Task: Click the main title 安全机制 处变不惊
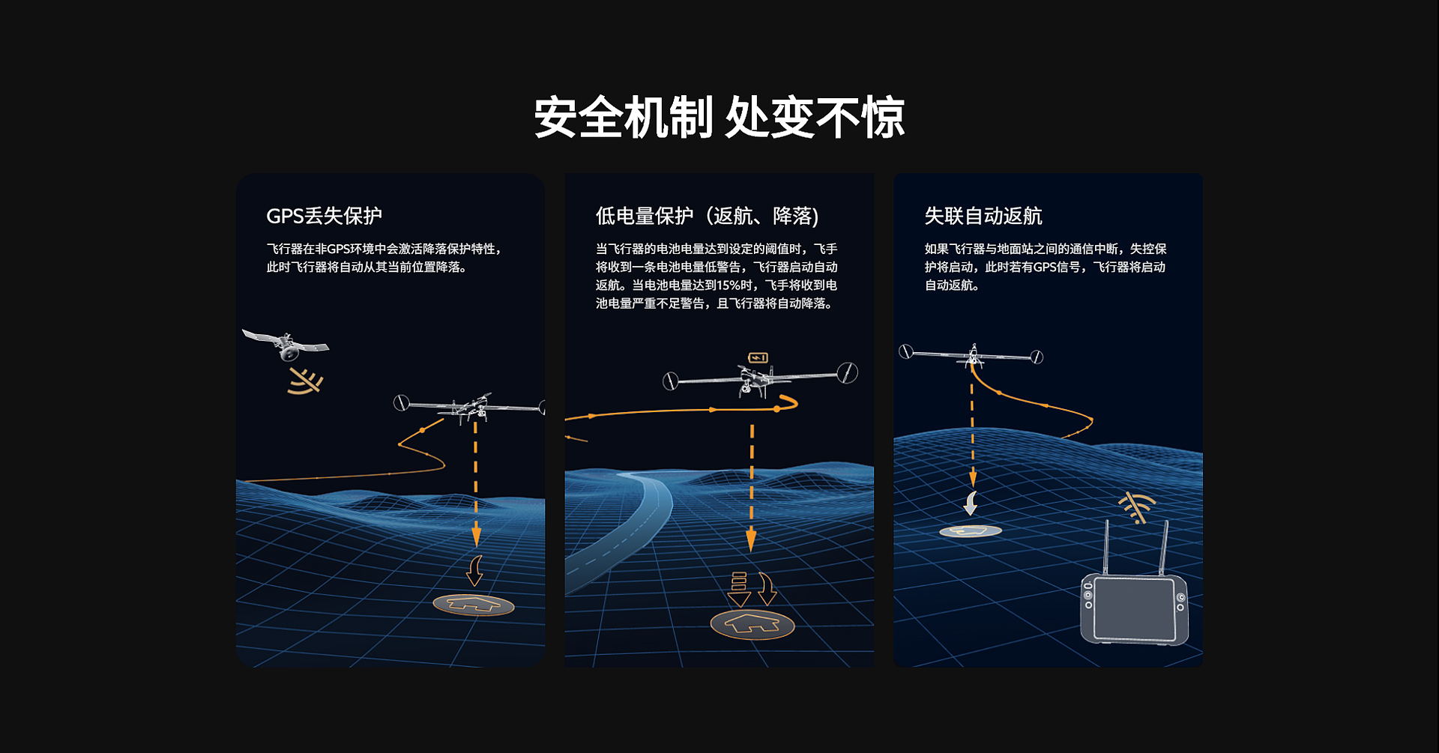coord(719,118)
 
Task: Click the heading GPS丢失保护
coord(324,216)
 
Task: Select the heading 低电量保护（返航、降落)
coord(707,216)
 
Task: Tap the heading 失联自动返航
coord(983,216)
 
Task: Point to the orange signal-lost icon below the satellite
coord(306,381)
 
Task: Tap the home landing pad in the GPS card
coord(474,605)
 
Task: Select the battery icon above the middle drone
coord(758,358)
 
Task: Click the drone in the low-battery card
coord(760,379)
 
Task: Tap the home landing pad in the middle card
coord(752,624)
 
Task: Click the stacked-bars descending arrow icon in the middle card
coord(739,589)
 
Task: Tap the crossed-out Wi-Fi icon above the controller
coord(1137,507)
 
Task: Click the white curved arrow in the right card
coord(971,503)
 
